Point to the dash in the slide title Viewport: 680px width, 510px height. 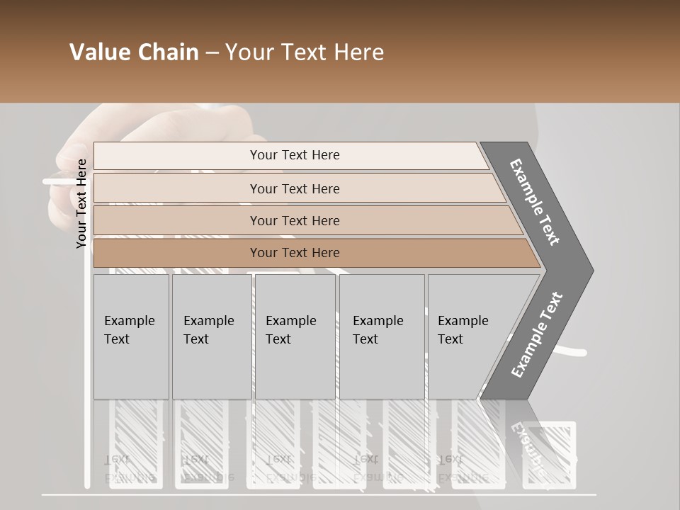point(212,53)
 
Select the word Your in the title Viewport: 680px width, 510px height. point(249,52)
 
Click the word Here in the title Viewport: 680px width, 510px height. point(358,52)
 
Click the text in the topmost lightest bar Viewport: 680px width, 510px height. point(295,155)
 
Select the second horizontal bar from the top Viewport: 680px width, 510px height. point(295,188)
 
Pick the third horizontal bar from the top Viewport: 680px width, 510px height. point(295,220)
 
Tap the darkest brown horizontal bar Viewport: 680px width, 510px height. point(295,253)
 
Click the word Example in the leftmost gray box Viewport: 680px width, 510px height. point(129,321)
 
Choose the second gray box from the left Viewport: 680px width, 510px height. point(211,336)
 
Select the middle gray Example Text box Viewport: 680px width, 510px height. point(294,336)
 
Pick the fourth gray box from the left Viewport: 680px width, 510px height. point(381,336)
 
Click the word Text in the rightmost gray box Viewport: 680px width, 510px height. point(450,339)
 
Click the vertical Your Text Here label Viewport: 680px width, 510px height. point(81,203)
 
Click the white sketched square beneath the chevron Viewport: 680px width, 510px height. point(549,453)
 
